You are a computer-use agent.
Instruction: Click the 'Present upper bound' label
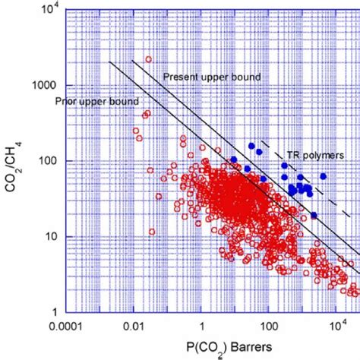[x=212, y=77]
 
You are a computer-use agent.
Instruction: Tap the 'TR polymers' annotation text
[x=313, y=154]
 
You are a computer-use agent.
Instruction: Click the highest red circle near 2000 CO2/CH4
[x=149, y=59]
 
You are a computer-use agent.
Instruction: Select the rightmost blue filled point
[x=323, y=176]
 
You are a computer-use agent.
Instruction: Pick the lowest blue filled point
[x=314, y=215]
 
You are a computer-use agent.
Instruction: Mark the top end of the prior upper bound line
[x=111, y=62]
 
